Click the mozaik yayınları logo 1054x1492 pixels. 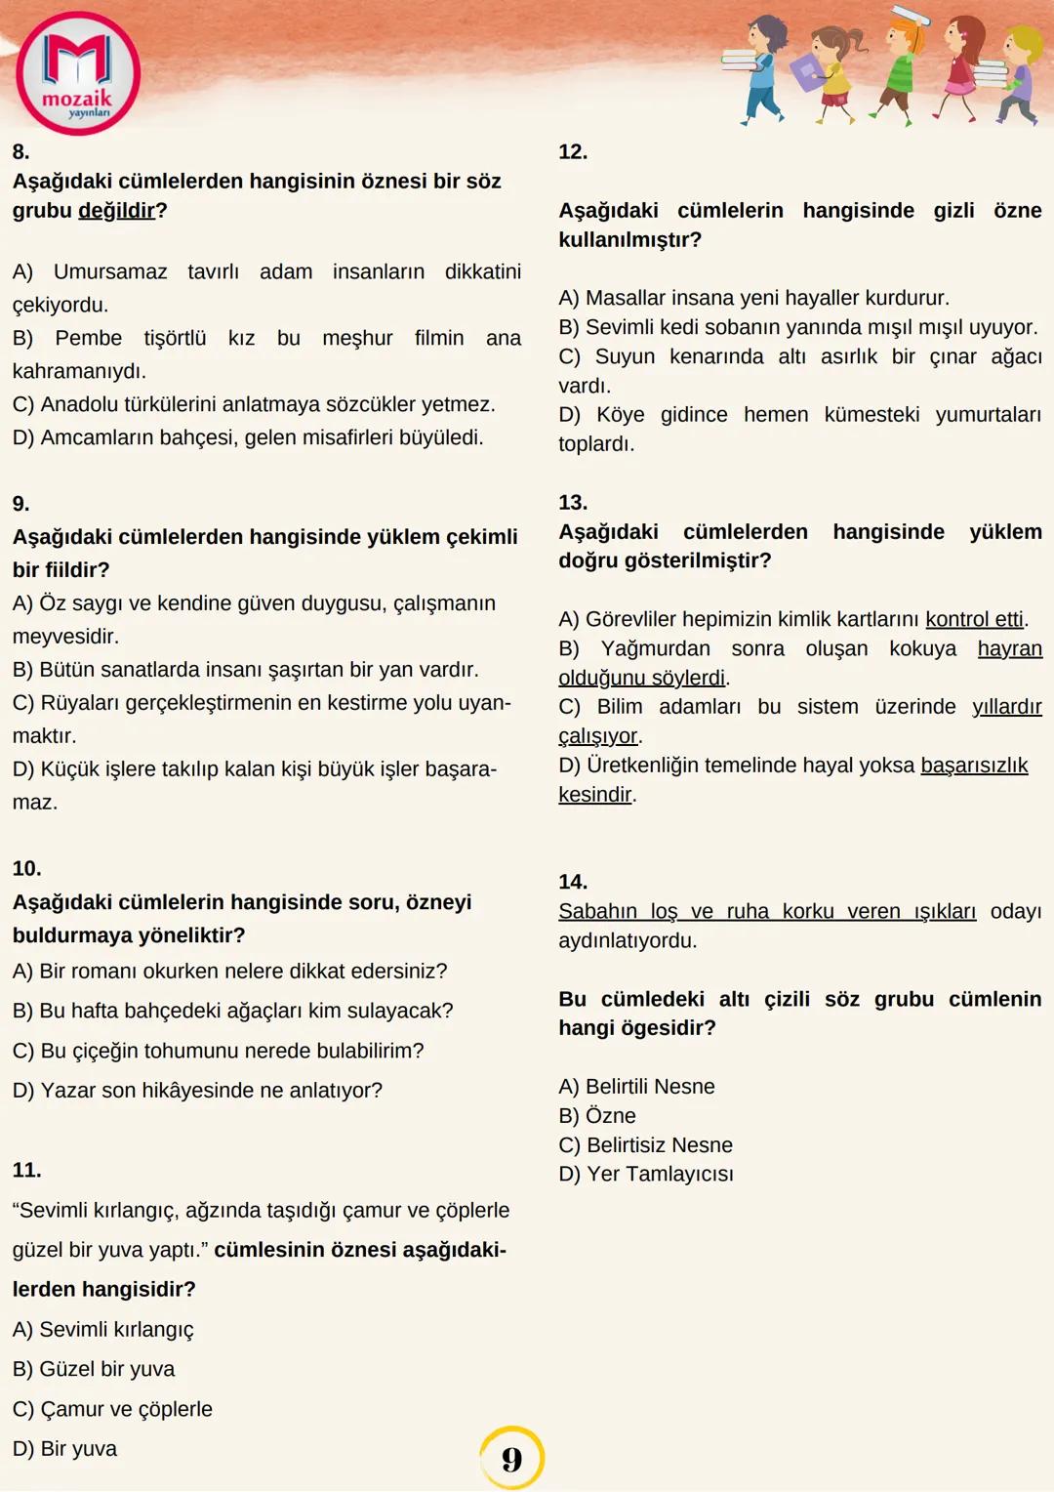tap(78, 74)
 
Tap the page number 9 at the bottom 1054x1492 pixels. tap(511, 1459)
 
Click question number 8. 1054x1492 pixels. tap(21, 152)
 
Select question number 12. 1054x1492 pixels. tap(573, 152)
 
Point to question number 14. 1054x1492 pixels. tap(573, 882)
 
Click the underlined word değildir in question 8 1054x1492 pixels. tap(116, 211)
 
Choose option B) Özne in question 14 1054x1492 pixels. tap(597, 1116)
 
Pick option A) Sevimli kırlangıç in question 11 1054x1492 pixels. tap(103, 1330)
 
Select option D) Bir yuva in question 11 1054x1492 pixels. tap(65, 1449)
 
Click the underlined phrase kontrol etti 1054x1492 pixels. tap(974, 619)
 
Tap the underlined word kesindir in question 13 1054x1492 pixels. tap(595, 795)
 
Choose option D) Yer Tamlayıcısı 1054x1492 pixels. tap(646, 1175)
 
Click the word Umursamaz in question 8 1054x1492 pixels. tap(110, 272)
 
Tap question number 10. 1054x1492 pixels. tap(27, 869)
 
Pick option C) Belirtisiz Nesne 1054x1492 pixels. tap(646, 1145)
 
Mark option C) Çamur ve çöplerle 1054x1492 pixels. tap(112, 1409)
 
